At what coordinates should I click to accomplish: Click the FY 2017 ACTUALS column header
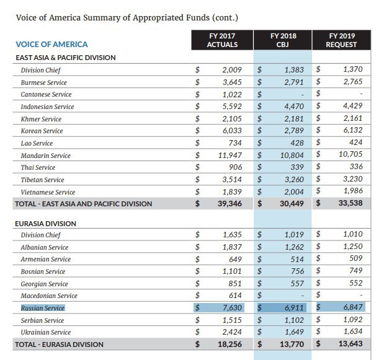[222, 40]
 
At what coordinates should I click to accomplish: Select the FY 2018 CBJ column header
[283, 40]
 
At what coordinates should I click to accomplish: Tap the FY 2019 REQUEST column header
[341, 40]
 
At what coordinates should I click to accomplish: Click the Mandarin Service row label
[45, 156]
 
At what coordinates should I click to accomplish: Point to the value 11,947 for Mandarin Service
[230, 156]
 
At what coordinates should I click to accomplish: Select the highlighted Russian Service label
[43, 308]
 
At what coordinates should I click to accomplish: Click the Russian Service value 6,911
[294, 308]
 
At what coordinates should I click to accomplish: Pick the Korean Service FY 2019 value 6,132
[352, 130]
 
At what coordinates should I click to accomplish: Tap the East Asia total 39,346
[230, 203]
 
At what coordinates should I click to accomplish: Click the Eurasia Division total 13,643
[351, 344]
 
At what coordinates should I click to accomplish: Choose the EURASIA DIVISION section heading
[45, 224]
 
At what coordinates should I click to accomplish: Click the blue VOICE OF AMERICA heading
[51, 44]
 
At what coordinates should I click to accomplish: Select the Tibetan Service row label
[42, 180]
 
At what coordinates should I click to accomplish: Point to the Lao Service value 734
[235, 143]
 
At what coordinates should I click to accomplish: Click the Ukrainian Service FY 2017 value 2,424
[232, 332]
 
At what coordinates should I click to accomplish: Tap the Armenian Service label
[45, 259]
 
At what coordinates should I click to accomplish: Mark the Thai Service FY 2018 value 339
[297, 167]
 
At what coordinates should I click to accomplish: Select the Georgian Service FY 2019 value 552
[356, 283]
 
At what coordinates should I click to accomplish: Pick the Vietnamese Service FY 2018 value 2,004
[294, 191]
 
